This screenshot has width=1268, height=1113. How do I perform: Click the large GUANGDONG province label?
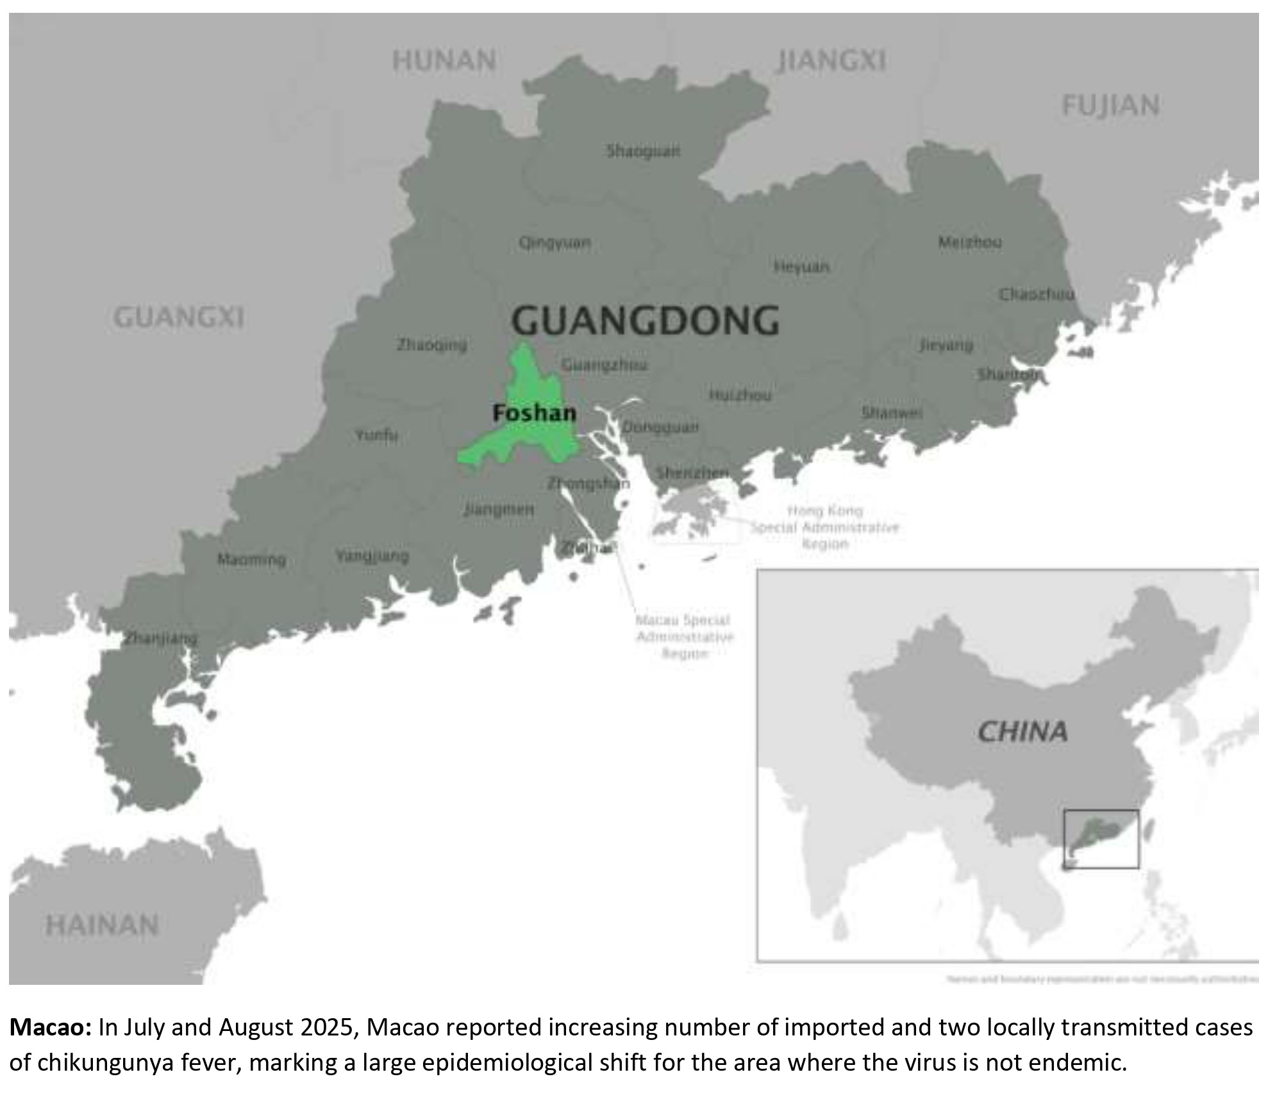(646, 320)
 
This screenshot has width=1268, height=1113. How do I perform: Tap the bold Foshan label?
(534, 413)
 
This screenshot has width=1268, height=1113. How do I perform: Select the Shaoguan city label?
(643, 151)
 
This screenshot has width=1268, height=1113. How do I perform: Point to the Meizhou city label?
(969, 242)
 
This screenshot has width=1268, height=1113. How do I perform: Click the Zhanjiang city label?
(160, 638)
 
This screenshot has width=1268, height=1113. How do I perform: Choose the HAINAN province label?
(103, 925)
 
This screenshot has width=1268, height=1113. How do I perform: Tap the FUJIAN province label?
(1110, 106)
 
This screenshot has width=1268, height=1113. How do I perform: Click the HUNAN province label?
(444, 61)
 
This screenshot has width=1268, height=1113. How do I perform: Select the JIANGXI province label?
(831, 61)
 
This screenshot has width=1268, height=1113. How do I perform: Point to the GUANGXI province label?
(179, 317)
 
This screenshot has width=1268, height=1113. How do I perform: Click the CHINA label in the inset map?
(1022, 732)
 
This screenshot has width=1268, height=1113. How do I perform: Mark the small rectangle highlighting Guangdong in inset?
(1101, 839)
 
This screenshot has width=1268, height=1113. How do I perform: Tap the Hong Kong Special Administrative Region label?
(825, 527)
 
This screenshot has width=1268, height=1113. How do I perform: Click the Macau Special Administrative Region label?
(684, 637)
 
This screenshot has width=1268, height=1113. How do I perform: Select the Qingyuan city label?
(555, 243)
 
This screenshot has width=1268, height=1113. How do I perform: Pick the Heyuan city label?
(801, 266)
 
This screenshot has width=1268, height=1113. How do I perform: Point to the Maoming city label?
(251, 559)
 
